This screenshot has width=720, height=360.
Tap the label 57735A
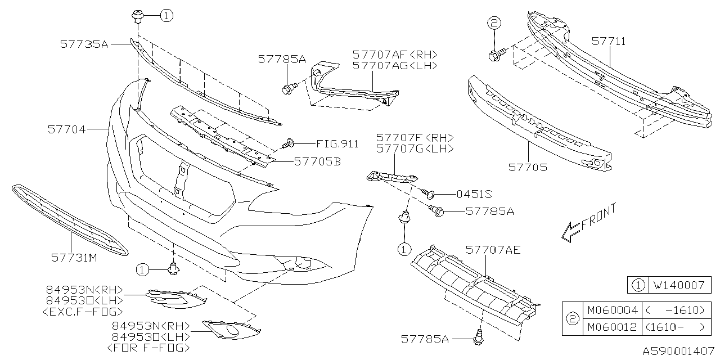point(84,43)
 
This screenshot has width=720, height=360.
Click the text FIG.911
point(337,143)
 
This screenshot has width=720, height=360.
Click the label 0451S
point(474,194)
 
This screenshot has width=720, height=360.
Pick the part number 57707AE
point(493,250)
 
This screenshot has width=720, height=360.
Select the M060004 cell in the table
point(612,310)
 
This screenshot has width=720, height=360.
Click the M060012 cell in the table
point(612,327)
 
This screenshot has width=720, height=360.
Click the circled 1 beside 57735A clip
point(166,16)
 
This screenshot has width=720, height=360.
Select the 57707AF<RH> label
point(395,55)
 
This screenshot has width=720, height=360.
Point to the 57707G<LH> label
point(415,149)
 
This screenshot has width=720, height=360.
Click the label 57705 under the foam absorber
point(528,167)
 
